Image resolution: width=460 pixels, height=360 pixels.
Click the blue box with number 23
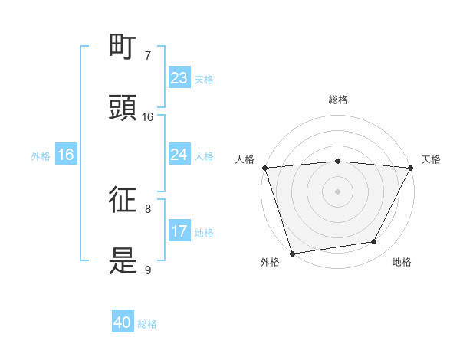(179, 78)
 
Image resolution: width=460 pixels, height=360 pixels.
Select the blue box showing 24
(179, 155)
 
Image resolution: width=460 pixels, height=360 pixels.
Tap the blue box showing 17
(179, 231)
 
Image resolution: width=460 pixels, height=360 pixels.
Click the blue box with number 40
(123, 323)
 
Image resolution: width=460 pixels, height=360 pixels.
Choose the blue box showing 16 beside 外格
(66, 155)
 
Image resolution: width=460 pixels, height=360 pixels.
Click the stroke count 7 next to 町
(148, 56)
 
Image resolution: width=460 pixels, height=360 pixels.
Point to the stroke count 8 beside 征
(148, 208)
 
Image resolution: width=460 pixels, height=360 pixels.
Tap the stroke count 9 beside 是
(148, 270)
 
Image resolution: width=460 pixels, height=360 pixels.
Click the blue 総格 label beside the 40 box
(147, 324)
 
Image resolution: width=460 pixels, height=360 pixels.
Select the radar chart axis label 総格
(338, 100)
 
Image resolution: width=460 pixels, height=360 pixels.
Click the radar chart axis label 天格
(431, 159)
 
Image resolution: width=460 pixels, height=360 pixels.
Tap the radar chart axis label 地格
(402, 262)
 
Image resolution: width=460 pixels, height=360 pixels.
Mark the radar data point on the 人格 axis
(264, 167)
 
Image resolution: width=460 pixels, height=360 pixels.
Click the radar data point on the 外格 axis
(292, 253)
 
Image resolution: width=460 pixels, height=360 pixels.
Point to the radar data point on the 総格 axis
(338, 161)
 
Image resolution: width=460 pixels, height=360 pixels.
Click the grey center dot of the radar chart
(338, 190)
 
